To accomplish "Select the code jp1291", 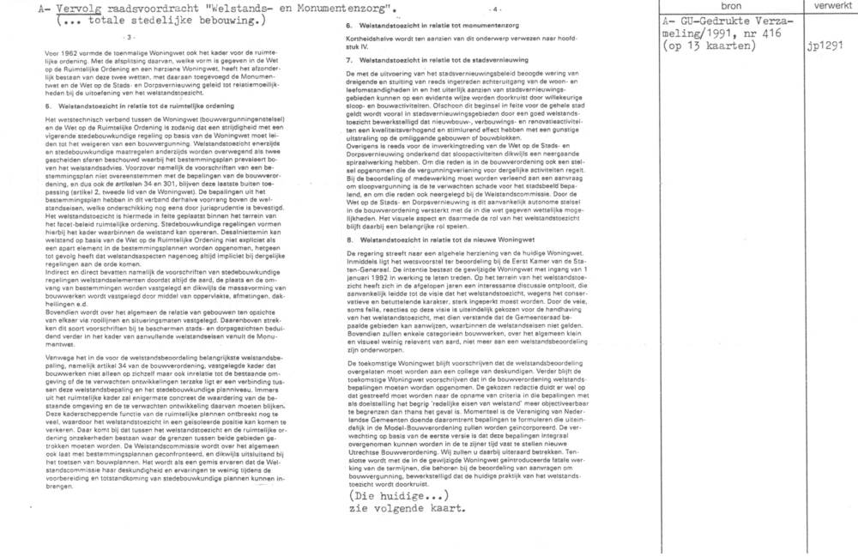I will click(825, 46).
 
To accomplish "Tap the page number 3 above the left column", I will click(130, 37).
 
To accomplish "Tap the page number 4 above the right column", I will click(495, 8).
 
